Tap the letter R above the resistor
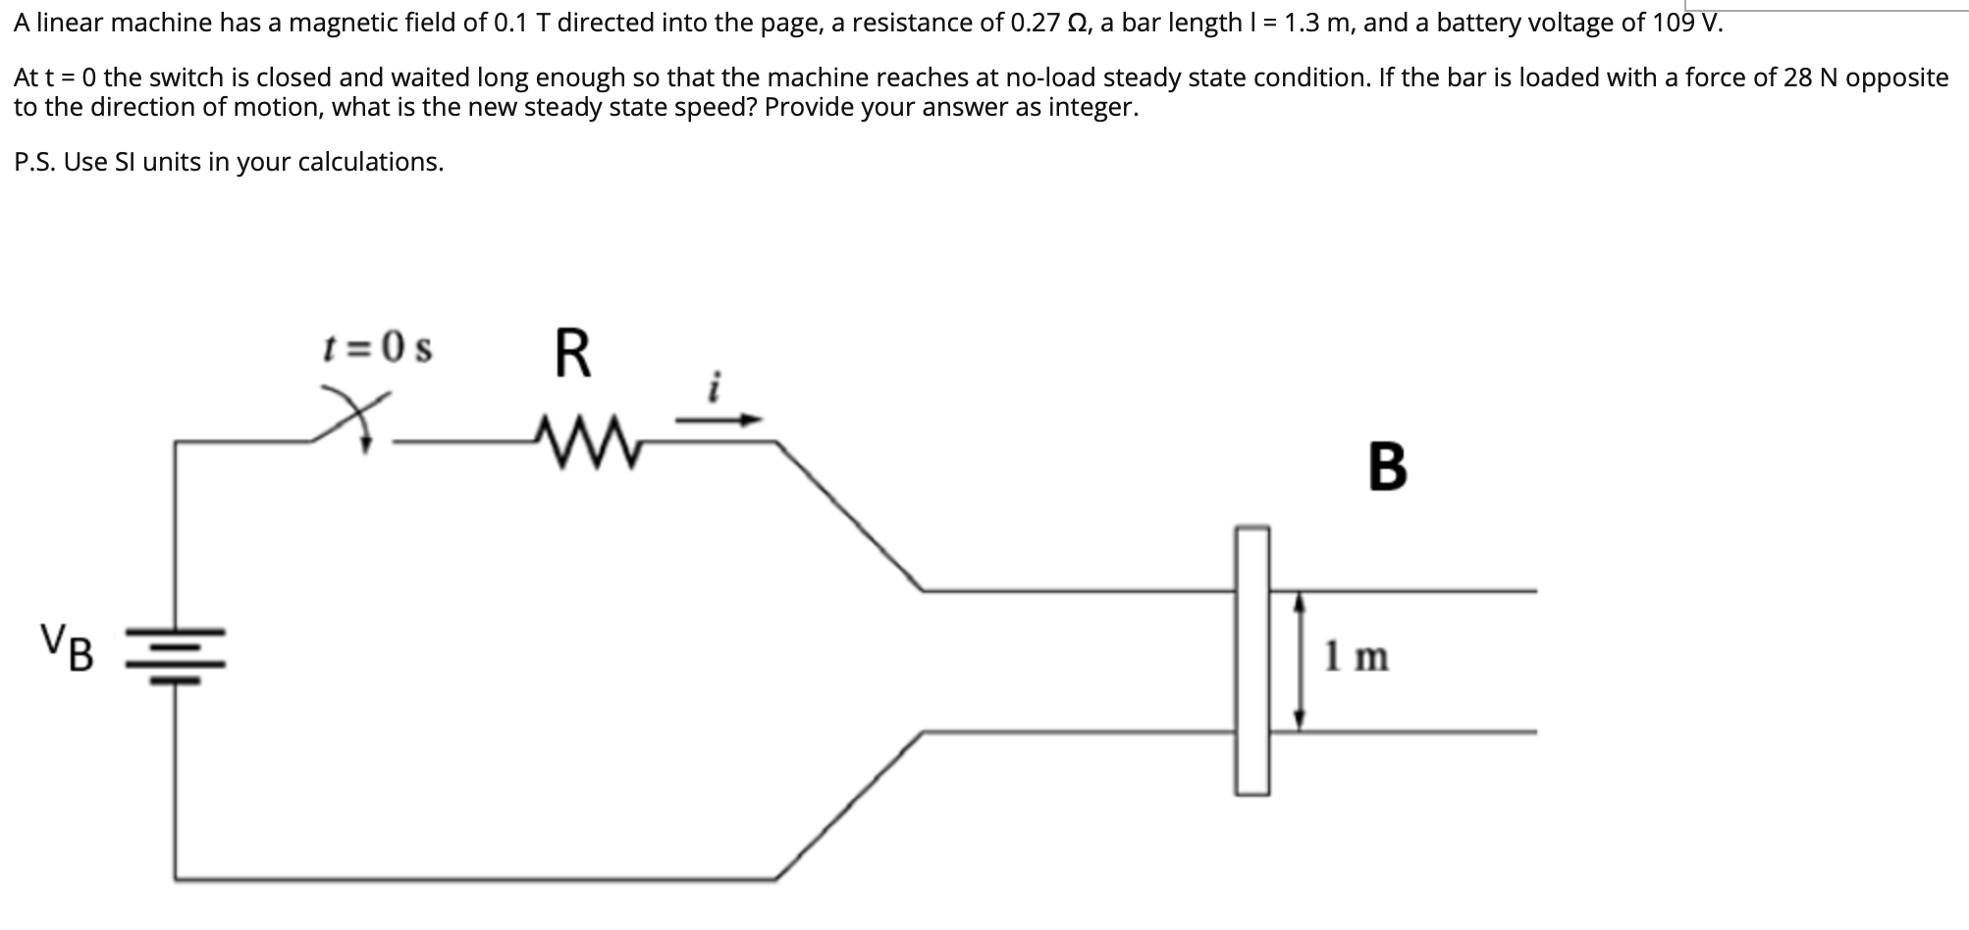(x=573, y=354)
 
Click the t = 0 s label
(x=378, y=347)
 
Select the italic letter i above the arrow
(x=716, y=387)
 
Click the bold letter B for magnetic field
(x=1386, y=467)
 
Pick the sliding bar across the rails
(x=1252, y=659)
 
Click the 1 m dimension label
(x=1357, y=655)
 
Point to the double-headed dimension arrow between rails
(x=1300, y=660)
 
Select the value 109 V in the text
(x=1687, y=23)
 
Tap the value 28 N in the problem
(x=1810, y=77)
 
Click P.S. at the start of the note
(x=35, y=162)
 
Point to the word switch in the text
(x=186, y=77)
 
